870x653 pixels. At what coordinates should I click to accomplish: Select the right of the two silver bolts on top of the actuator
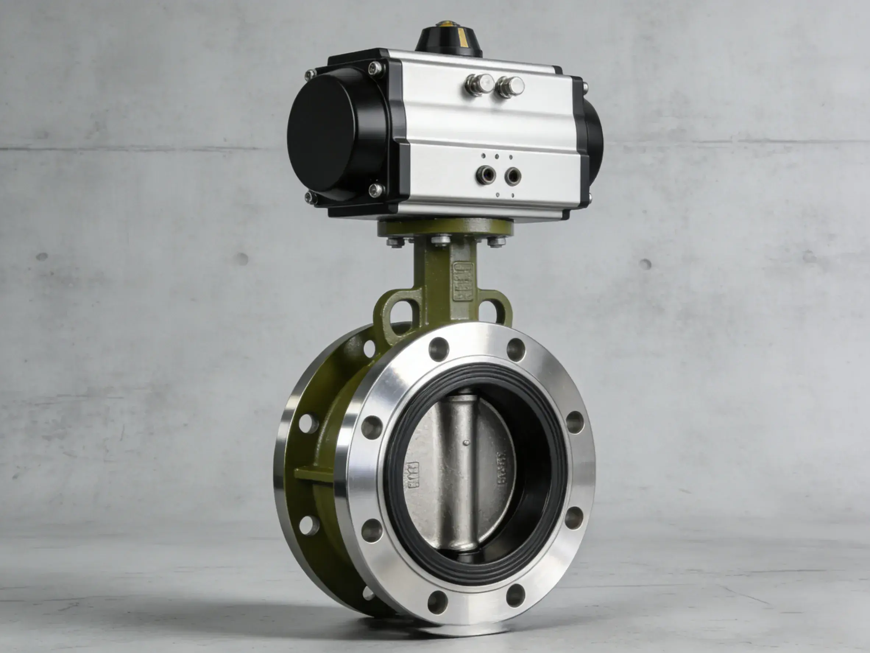[x=510, y=87]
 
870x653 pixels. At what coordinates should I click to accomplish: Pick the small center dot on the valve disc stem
[x=466, y=442]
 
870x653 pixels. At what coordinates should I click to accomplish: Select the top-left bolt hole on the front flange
[x=439, y=348]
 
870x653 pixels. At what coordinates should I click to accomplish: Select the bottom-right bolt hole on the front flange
[x=574, y=517]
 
